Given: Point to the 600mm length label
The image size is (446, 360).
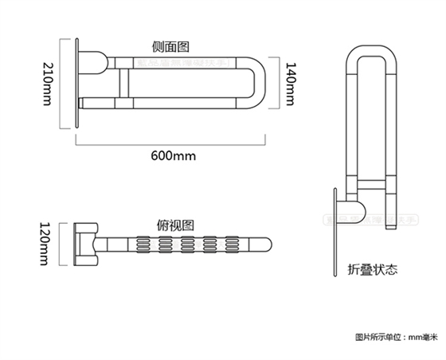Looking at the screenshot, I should click(172, 155).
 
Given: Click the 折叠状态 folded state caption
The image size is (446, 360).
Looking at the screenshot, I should click(372, 269).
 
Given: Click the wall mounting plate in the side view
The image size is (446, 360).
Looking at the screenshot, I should click(79, 80).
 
